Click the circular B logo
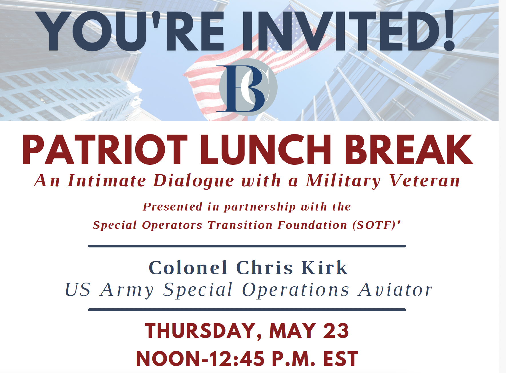click(248, 88)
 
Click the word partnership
click(260, 207)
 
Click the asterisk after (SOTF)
click(399, 222)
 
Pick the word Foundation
click(312, 225)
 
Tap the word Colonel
click(188, 268)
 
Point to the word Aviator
click(395, 290)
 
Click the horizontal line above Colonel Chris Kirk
click(247, 246)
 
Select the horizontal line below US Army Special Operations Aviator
click(247, 309)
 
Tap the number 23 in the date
click(336, 331)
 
